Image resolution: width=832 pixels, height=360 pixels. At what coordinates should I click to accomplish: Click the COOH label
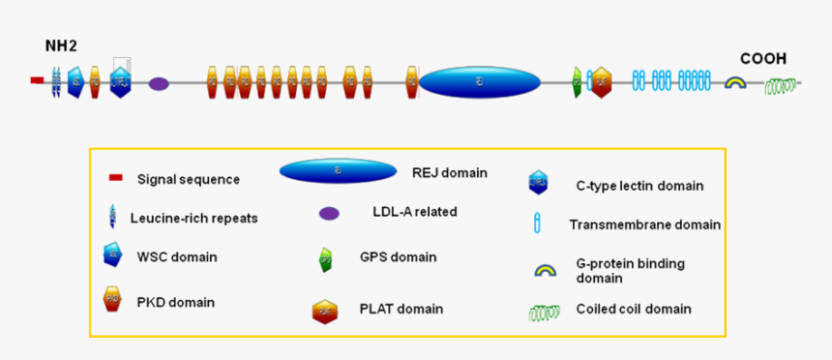pyautogui.click(x=763, y=58)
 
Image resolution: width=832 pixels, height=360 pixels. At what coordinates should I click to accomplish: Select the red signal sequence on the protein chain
pyautogui.click(x=37, y=81)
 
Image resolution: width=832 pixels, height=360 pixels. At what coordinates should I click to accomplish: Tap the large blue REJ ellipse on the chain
pyautogui.click(x=479, y=82)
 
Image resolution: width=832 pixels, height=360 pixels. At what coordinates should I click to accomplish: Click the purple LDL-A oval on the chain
pyautogui.click(x=159, y=84)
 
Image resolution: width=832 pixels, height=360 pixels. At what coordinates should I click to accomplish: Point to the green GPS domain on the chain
pyautogui.click(x=578, y=82)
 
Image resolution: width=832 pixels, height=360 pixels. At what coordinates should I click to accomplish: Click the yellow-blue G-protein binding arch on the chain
pyautogui.click(x=735, y=83)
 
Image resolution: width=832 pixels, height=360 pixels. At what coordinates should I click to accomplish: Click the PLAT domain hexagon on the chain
pyautogui.click(x=601, y=82)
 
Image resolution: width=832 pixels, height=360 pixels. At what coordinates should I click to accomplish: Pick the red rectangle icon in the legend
pyautogui.click(x=115, y=177)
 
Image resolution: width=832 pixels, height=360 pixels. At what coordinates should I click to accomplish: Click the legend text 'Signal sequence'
pyautogui.click(x=188, y=179)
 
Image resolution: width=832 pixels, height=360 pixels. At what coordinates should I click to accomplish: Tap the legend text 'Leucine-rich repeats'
pyautogui.click(x=193, y=218)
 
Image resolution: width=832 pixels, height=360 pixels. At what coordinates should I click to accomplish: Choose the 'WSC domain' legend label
pyautogui.click(x=177, y=256)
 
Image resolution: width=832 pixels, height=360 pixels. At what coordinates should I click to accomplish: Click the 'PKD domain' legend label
pyautogui.click(x=175, y=302)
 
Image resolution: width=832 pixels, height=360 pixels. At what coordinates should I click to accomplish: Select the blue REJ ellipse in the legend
pyautogui.click(x=338, y=171)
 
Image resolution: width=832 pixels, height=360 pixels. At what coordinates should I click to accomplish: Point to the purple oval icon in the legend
pyautogui.click(x=329, y=213)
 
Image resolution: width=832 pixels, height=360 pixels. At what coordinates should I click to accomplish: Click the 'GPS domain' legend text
pyautogui.click(x=398, y=257)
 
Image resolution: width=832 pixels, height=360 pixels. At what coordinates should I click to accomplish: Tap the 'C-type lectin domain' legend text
pyautogui.click(x=639, y=185)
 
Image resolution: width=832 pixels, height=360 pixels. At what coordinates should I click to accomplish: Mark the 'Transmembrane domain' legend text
pyautogui.click(x=644, y=225)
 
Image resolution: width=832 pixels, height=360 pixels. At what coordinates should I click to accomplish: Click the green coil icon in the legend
pyautogui.click(x=544, y=312)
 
